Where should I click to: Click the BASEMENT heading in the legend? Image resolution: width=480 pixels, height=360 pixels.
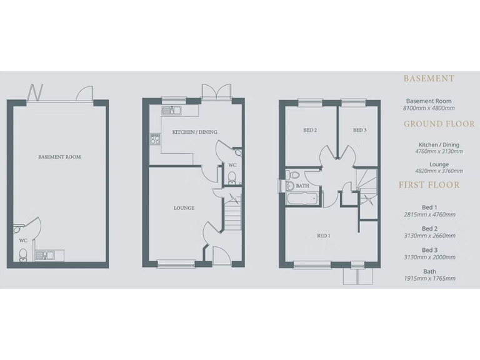click(429, 79)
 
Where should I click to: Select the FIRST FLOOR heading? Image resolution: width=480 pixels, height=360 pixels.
click(429, 185)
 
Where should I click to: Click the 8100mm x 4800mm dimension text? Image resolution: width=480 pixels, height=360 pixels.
click(429, 108)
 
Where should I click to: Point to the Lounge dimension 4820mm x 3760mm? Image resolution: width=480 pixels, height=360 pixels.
click(429, 171)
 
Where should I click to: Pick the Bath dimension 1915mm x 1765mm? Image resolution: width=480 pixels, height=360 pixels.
click(429, 278)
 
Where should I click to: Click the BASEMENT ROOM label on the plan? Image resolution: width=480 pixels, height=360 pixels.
click(59, 157)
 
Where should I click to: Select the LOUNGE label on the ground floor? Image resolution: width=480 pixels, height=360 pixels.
click(184, 208)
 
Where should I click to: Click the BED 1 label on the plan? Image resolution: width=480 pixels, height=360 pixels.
click(324, 236)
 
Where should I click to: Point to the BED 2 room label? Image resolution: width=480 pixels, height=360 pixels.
click(309, 131)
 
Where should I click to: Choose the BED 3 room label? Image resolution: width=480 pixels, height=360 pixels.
click(359, 131)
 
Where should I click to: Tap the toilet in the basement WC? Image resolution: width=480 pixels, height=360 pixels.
click(23, 254)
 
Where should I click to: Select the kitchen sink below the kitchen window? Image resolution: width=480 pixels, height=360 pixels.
click(171, 111)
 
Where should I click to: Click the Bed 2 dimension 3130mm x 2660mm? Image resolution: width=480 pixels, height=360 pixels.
click(429, 236)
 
